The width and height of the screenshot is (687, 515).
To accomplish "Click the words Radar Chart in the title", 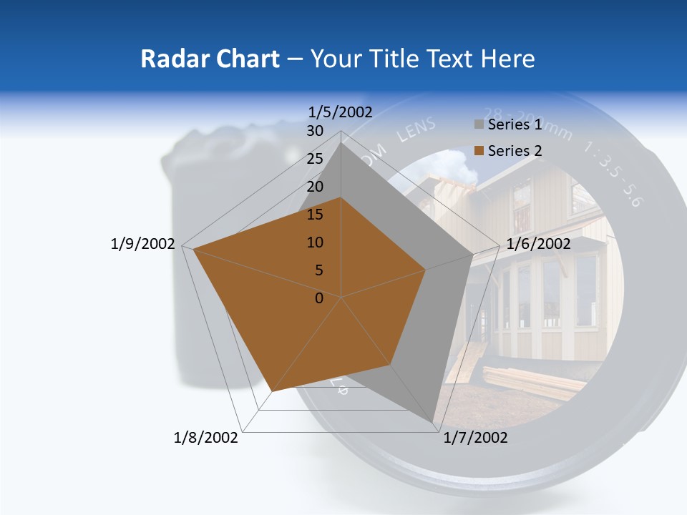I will point(209,59).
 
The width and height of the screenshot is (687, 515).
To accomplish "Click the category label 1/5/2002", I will point(341,112).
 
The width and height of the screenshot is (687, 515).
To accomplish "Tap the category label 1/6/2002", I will point(538,244).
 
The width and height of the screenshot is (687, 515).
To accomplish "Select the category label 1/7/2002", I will point(475,438).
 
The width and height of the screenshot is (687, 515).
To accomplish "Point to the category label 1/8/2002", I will point(206,438).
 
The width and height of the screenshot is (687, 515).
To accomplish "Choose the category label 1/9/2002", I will point(142,244).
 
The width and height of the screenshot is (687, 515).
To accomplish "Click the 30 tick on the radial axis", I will point(315,131).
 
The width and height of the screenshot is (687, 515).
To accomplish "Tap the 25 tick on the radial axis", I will point(315,159).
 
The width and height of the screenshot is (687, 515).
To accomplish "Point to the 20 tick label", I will point(315,187).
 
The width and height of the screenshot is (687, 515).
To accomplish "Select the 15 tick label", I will point(315,215).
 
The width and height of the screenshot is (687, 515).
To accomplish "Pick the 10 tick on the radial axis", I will point(315,242).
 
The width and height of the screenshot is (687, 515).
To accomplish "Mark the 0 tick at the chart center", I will point(319,298).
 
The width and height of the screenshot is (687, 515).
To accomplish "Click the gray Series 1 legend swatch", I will point(479,125).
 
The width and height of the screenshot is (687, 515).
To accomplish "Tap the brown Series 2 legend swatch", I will point(479,151).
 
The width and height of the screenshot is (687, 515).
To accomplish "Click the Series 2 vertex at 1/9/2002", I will point(193,250).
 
